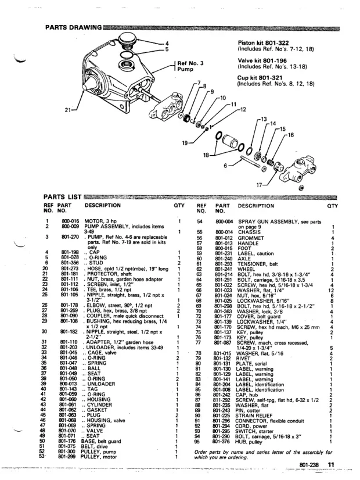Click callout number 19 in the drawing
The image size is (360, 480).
coord(186,142)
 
